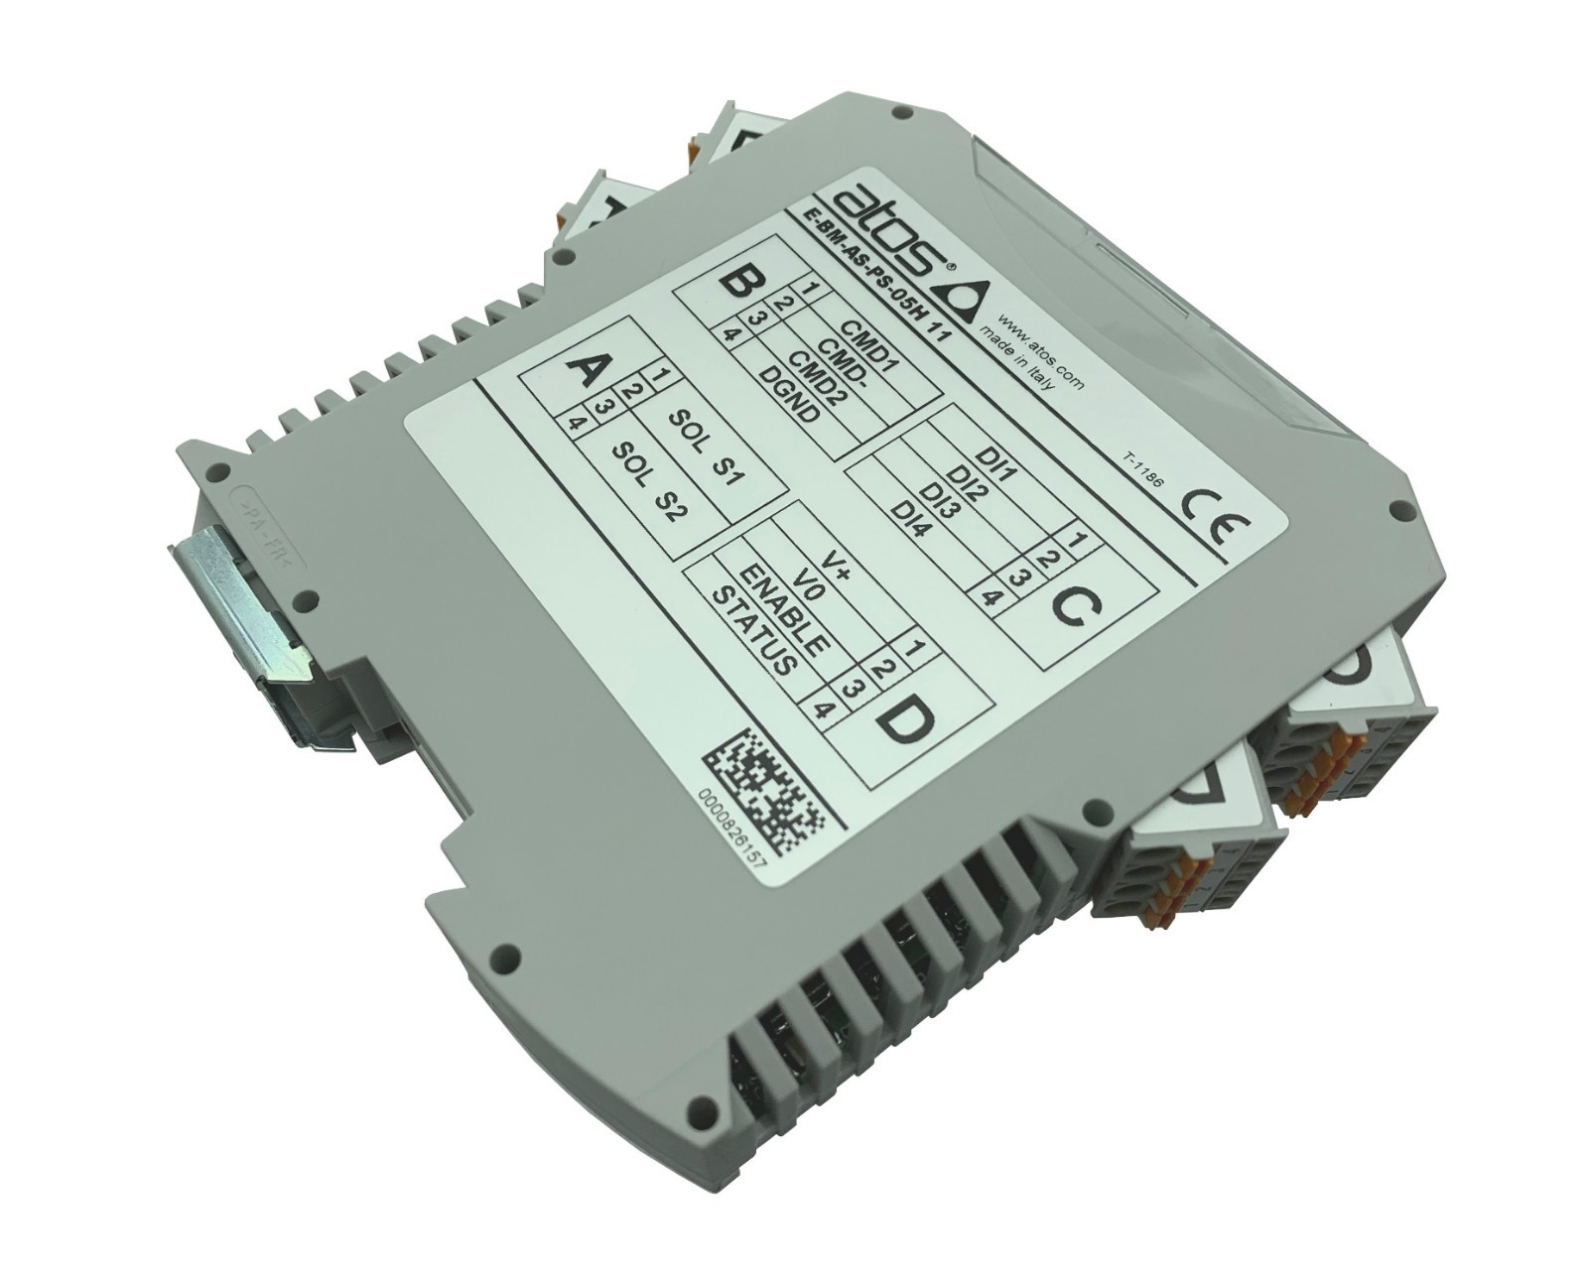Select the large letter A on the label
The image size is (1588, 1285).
click(x=586, y=370)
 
